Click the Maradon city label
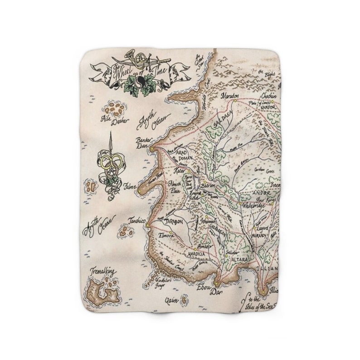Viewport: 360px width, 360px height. tap(230, 96)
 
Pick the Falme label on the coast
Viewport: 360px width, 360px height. tap(130, 185)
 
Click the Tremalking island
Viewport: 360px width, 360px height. tap(103, 291)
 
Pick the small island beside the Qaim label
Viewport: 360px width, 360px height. tap(185, 299)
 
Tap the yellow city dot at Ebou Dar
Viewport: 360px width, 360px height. tap(217, 284)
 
